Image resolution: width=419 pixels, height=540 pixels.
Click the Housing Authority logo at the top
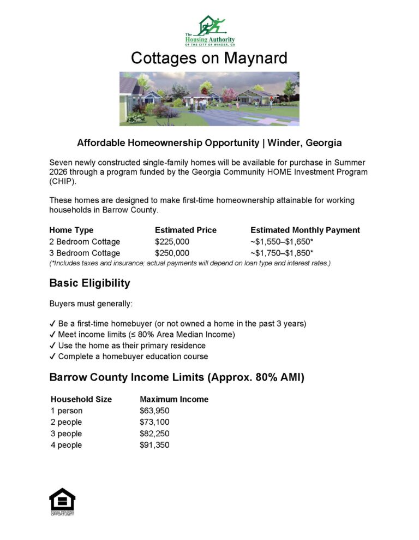(x=209, y=31)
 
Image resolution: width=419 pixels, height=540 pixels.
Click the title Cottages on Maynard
(x=209, y=58)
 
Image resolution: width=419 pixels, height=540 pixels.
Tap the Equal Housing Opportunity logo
(x=62, y=501)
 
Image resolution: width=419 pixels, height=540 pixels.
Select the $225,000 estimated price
(x=172, y=241)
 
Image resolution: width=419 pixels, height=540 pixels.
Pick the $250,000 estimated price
(x=172, y=253)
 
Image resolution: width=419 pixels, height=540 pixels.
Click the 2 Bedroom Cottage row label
(x=85, y=241)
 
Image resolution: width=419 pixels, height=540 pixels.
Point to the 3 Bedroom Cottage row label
(x=85, y=253)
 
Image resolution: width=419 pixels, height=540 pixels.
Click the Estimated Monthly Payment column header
(x=305, y=230)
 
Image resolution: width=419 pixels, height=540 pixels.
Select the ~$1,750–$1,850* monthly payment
(x=282, y=253)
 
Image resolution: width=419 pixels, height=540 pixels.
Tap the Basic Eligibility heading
(x=89, y=283)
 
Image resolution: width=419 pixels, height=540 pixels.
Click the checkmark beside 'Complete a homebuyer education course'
(x=52, y=357)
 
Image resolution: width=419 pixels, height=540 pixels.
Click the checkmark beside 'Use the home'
(x=52, y=346)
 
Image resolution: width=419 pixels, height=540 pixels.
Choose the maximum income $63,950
(x=154, y=411)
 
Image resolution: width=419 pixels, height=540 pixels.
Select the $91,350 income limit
(x=154, y=445)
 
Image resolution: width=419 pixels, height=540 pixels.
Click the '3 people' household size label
(x=66, y=434)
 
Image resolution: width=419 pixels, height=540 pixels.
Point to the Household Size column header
(x=81, y=399)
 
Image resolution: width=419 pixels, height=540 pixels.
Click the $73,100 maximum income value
(x=154, y=422)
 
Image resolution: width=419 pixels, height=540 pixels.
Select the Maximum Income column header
(x=174, y=399)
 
